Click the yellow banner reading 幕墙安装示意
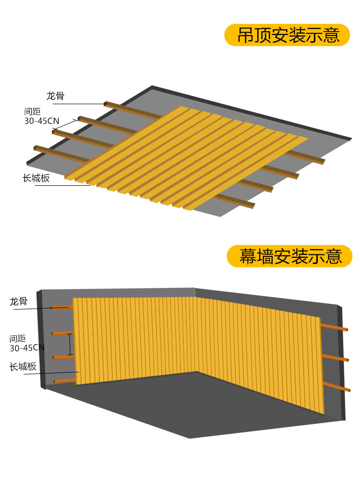(289, 256)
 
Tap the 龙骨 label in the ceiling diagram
(55, 96)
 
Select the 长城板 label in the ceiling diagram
(36, 178)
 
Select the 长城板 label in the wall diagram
(23, 367)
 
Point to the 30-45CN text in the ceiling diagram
(42, 121)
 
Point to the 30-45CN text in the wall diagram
(27, 347)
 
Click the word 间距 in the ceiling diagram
(32, 111)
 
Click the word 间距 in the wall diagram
(18, 338)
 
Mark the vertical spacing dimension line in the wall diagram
(71, 344)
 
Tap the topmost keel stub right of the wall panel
(334, 327)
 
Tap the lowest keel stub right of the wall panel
(335, 386)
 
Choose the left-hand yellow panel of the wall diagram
(134, 338)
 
